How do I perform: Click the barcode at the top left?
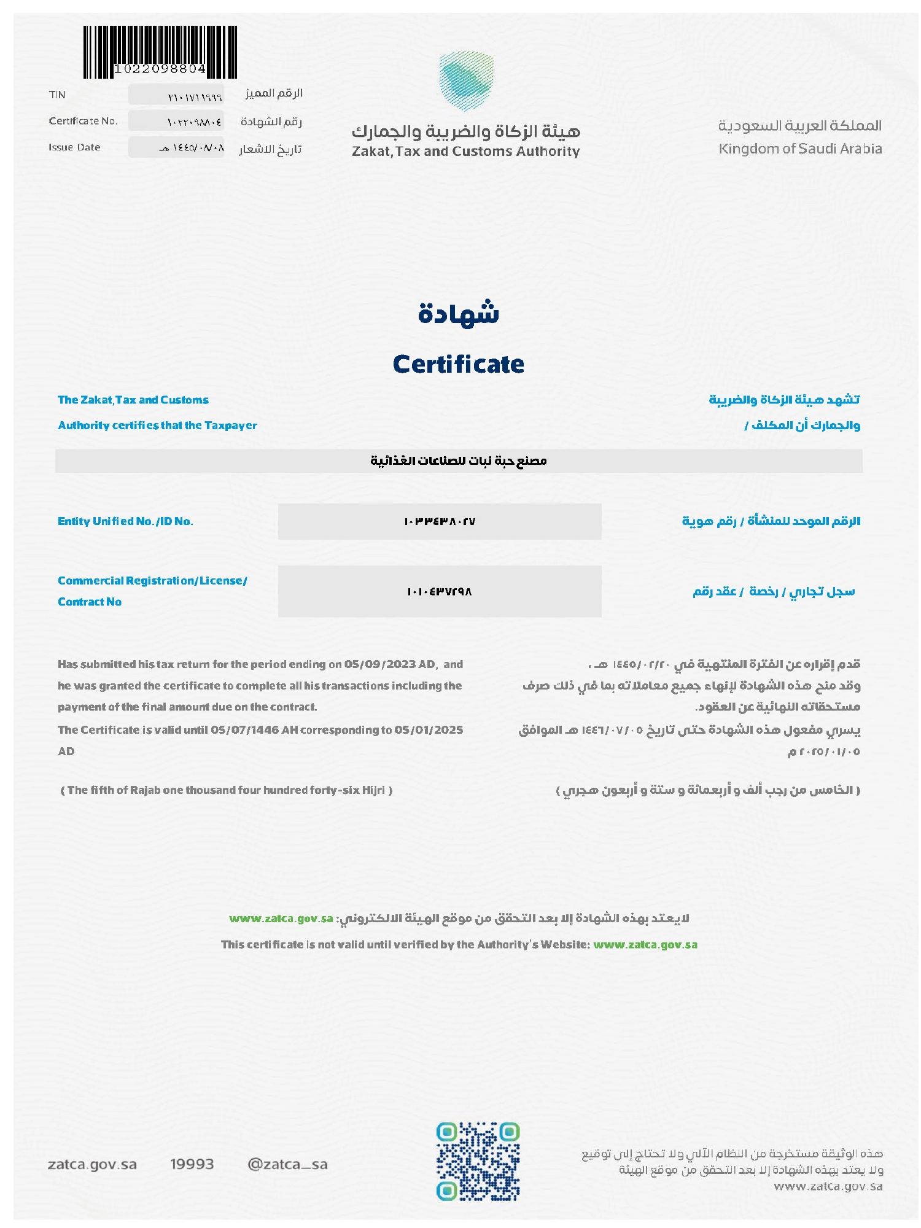coord(160,52)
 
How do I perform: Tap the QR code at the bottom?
coord(478,1161)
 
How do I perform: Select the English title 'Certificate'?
coord(458,364)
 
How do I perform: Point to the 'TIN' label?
coord(57,95)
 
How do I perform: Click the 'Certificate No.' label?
coord(83,121)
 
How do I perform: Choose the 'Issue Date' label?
coord(74,147)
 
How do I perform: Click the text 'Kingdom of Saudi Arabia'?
coord(800,149)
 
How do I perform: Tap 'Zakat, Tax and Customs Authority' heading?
coord(465,152)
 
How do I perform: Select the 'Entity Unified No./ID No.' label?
coord(125,521)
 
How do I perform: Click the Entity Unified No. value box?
coord(440,521)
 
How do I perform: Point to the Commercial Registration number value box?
coord(440,591)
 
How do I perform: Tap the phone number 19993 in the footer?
coord(192,1164)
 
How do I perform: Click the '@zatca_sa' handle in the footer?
coord(287,1164)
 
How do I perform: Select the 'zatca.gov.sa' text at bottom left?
coord(92,1164)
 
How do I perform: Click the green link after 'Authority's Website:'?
coord(645,944)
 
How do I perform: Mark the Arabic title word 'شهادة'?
coord(458,313)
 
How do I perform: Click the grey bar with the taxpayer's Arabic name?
coord(458,460)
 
